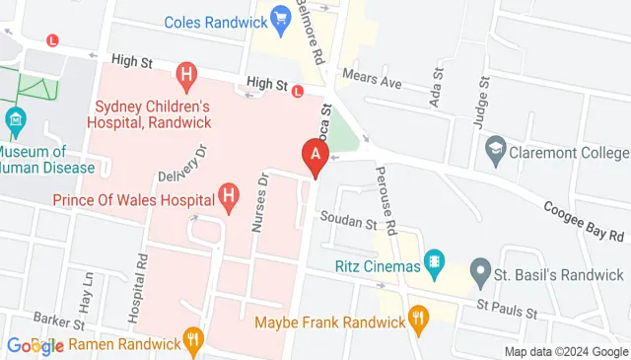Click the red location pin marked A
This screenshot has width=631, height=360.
click(x=315, y=156)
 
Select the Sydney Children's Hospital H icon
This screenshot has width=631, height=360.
click(x=185, y=73)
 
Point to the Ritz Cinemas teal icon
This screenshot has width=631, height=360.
click(x=432, y=263)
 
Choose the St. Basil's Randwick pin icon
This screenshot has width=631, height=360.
click(x=480, y=269)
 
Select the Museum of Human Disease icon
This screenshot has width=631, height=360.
click(x=15, y=123)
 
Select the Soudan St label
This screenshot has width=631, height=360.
click(x=345, y=223)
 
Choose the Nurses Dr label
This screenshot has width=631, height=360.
click(x=261, y=204)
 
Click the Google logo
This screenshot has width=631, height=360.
click(x=35, y=345)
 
